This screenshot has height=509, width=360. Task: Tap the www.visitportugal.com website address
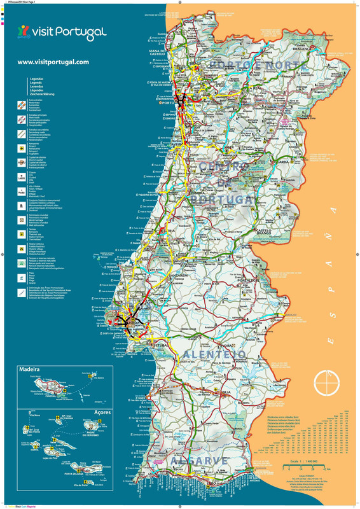pyautogui.click(x=53, y=62)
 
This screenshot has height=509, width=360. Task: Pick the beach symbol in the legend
pyautogui.click(x=21, y=275)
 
